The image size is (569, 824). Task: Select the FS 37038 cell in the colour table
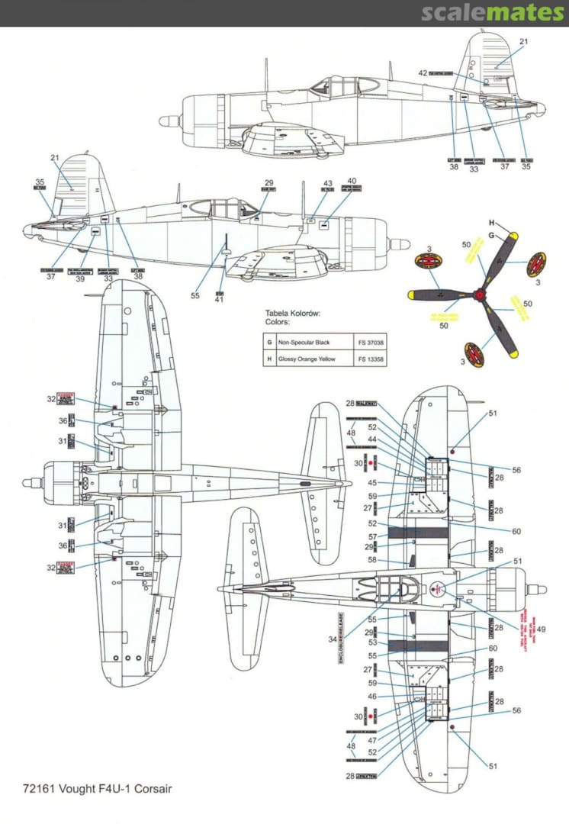click(x=370, y=342)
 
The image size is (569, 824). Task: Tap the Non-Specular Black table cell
click(x=306, y=342)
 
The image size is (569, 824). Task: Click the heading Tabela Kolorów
click(x=293, y=314)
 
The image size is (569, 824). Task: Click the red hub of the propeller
click(x=479, y=293)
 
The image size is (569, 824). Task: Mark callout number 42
click(x=422, y=73)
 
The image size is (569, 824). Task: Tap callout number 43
click(x=328, y=184)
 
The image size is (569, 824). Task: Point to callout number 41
click(x=220, y=300)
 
